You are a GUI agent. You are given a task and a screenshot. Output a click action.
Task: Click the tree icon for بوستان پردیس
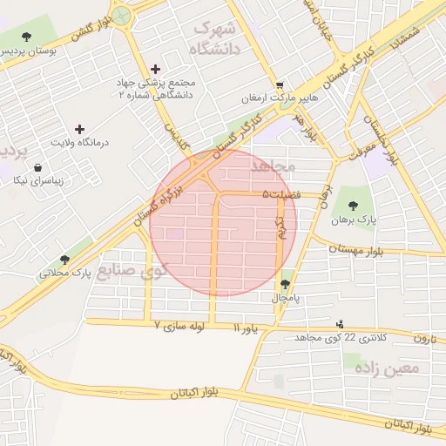(x=27, y=37)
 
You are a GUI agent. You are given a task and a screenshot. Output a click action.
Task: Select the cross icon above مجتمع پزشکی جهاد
(x=156, y=69)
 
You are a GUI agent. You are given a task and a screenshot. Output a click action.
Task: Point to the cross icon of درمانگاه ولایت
(x=80, y=128)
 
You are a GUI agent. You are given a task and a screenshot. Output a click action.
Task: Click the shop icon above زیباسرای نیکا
(x=38, y=166)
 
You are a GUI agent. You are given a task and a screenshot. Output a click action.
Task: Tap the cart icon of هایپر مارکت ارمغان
(x=279, y=85)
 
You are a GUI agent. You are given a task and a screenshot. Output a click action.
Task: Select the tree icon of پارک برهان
(x=353, y=206)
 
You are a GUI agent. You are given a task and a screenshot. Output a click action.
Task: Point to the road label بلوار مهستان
(x=355, y=248)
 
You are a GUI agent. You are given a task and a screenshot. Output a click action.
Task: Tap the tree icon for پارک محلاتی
(x=64, y=259)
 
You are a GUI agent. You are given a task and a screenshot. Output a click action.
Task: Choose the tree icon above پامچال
(x=286, y=284)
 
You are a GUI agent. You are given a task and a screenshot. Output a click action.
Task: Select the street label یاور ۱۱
(x=246, y=328)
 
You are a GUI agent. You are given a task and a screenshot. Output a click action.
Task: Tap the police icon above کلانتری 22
(x=339, y=324)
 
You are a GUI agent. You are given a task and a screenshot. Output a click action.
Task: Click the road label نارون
(x=423, y=338)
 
